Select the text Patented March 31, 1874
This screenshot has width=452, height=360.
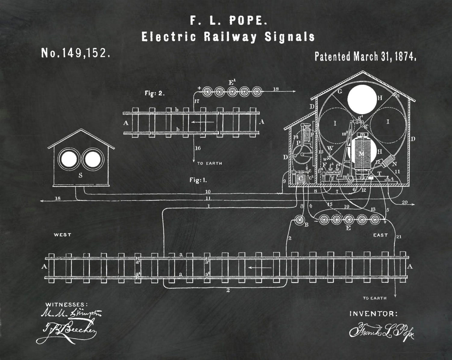click(365, 56)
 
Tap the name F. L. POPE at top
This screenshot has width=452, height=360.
click(228, 21)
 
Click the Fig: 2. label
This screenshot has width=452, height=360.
click(155, 93)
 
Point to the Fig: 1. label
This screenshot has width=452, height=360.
click(198, 180)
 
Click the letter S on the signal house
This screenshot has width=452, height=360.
click(80, 176)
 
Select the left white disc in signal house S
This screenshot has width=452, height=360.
click(68, 159)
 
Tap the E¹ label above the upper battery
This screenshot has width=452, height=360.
click(232, 82)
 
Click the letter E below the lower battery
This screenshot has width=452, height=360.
click(348, 228)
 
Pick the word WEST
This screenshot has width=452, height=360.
click(62, 235)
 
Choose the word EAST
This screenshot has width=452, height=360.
click(380, 235)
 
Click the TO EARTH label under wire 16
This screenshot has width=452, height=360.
click(209, 163)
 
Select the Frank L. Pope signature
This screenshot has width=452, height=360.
click(381, 330)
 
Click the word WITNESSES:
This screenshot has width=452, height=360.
click(67, 304)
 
